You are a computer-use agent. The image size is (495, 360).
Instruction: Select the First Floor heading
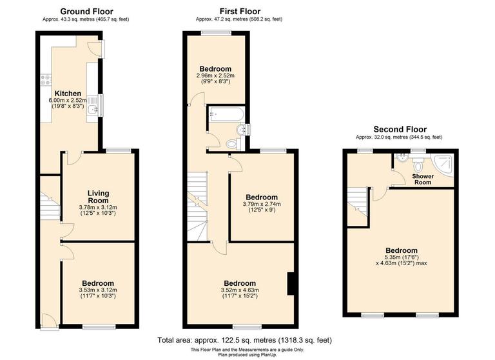(239, 12)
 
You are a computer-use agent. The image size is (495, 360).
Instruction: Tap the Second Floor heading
(400, 129)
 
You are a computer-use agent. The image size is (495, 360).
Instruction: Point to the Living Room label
(99, 197)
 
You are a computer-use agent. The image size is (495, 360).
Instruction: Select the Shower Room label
(422, 178)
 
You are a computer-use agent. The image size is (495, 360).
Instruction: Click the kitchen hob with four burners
(46, 81)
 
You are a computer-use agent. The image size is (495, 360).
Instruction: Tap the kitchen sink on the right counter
(93, 109)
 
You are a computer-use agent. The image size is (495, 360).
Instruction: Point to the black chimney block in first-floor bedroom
(291, 283)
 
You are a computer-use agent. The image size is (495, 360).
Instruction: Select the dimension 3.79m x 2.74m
(261, 205)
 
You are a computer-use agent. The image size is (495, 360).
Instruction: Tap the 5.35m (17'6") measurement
(401, 257)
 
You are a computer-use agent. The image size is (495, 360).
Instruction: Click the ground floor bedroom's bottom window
(98, 327)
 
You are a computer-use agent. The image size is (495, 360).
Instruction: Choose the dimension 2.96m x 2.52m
(215, 75)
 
